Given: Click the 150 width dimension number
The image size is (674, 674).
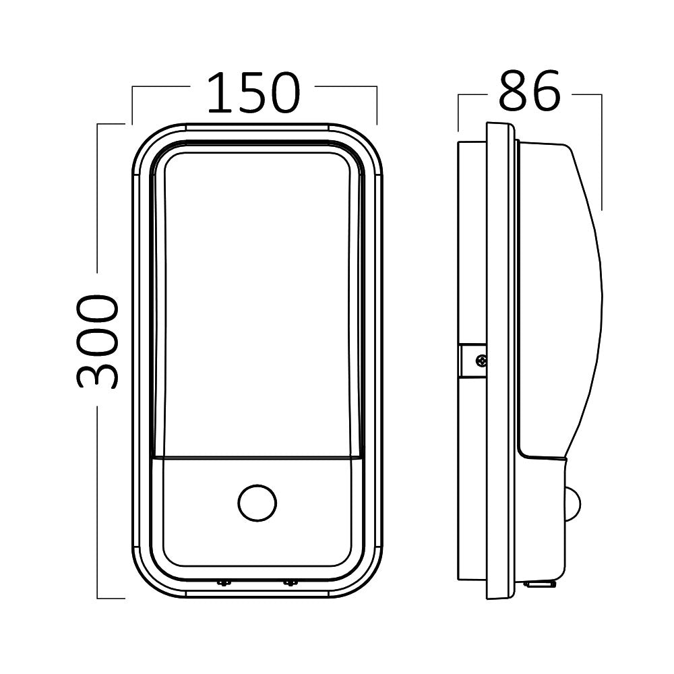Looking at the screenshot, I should click(253, 93).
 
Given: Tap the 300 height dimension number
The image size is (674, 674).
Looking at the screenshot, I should click(97, 341).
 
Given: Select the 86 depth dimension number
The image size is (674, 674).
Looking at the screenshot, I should click(529, 91).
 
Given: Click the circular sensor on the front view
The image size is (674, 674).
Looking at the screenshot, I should click(257, 502).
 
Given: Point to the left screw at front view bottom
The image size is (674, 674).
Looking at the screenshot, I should click(223, 582).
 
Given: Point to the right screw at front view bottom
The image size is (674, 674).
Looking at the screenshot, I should click(290, 582).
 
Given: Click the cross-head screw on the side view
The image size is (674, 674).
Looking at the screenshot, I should click(480, 361).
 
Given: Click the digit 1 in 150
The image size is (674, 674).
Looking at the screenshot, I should click(218, 93).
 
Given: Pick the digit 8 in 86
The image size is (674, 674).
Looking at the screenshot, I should click(514, 91).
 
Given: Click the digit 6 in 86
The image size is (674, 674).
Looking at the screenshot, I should click(545, 91).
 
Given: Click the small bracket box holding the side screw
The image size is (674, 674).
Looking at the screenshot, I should click(472, 361).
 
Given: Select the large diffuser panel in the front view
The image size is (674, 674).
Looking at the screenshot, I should click(257, 303).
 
